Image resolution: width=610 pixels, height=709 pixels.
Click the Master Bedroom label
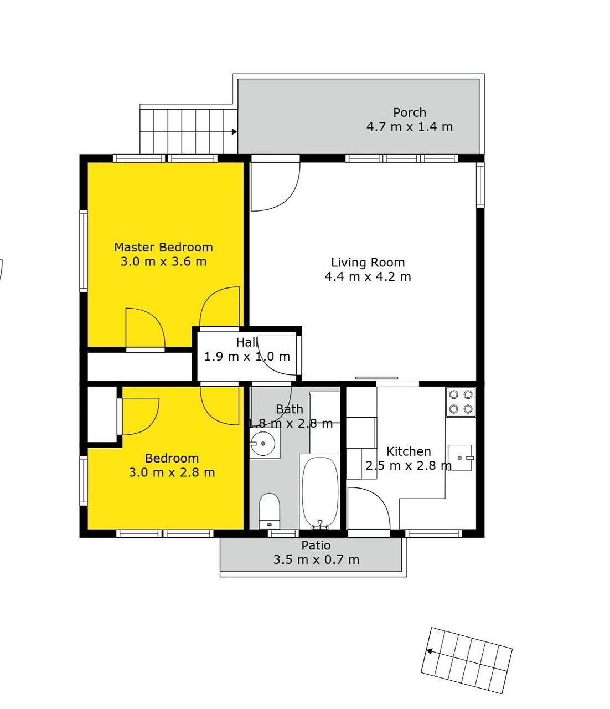163,247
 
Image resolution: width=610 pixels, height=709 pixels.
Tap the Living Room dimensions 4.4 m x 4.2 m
368,276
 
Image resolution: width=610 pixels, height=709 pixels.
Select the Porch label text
410,112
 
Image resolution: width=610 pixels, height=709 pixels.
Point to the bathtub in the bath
320,491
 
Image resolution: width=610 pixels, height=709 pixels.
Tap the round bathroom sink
262,444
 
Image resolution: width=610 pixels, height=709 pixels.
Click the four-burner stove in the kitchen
461,402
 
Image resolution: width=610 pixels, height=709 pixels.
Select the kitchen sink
460,458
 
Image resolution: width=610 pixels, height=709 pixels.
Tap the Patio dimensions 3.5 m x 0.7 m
316,559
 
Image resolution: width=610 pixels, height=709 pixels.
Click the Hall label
247,342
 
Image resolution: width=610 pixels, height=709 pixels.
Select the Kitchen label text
409,451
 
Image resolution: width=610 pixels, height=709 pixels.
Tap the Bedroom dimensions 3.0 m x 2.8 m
172,472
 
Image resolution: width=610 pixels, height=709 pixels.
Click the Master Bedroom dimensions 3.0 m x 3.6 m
163,261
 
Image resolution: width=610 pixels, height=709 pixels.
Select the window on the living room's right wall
480,185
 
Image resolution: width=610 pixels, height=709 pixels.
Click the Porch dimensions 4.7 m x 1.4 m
410,127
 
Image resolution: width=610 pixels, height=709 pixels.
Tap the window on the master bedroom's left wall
84,251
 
